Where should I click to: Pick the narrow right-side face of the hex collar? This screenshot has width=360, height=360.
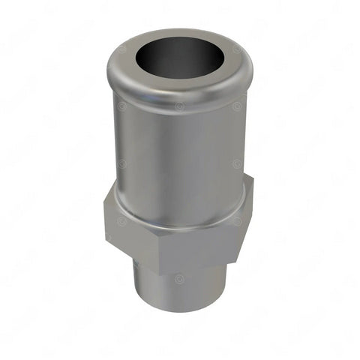(242, 221)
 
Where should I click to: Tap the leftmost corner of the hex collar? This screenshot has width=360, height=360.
(104, 217)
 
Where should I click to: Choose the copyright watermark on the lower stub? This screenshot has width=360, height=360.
(180, 278)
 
